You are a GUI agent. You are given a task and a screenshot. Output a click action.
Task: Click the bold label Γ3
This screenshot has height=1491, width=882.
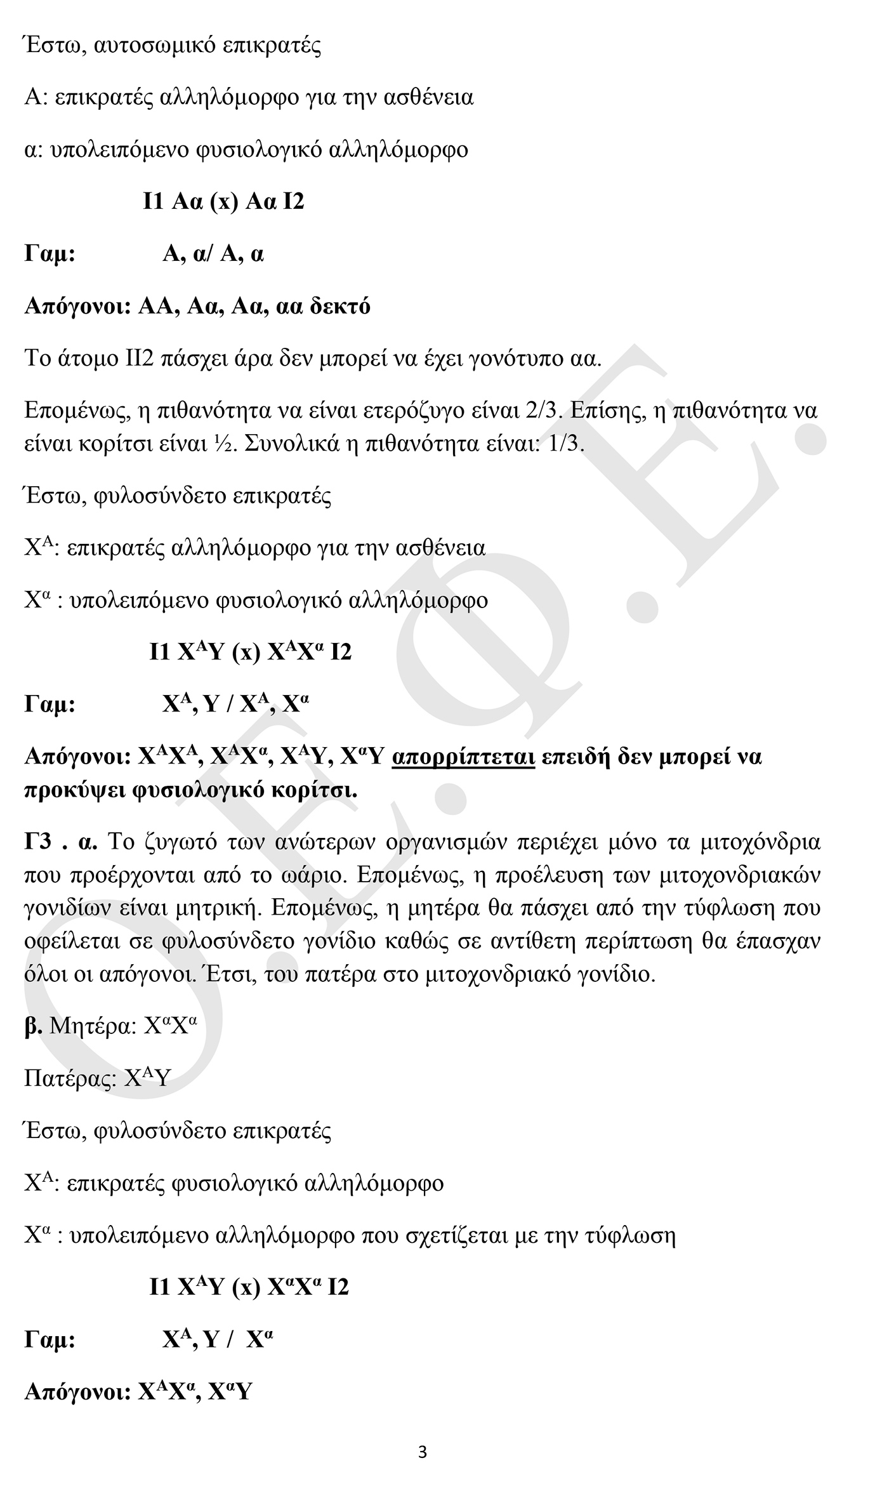coord(41,842)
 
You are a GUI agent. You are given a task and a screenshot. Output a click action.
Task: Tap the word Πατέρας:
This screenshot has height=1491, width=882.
coord(70,1078)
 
